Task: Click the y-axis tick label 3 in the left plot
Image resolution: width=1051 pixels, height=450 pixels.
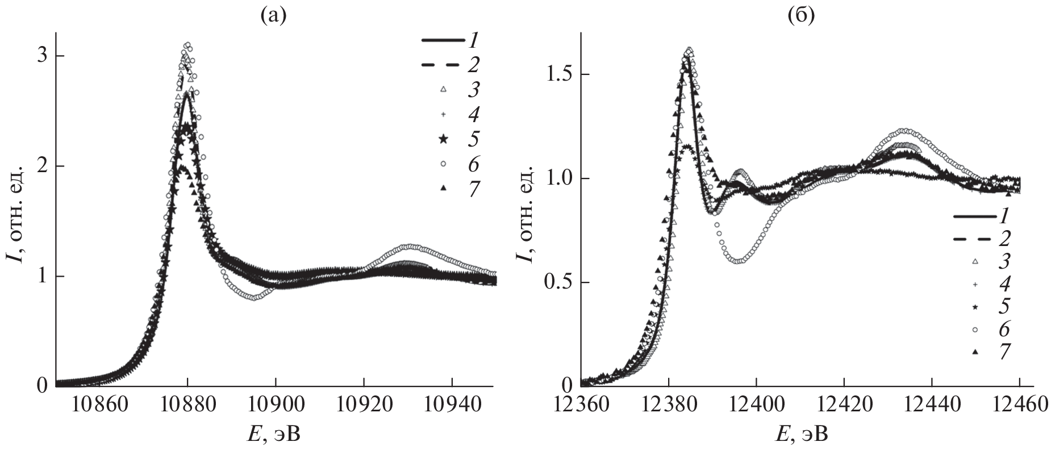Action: pyautogui.click(x=43, y=56)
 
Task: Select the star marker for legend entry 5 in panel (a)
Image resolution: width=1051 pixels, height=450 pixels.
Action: pyautogui.click(x=444, y=140)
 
